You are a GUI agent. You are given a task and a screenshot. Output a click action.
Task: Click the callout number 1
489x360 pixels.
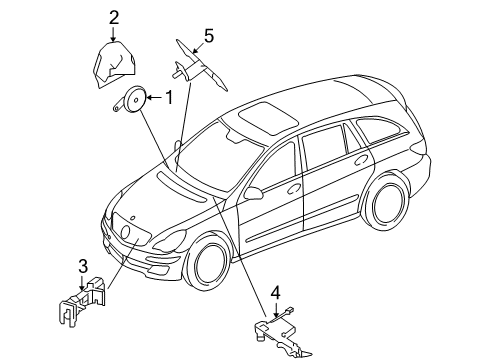169,98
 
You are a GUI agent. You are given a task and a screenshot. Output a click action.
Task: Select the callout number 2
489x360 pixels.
114,18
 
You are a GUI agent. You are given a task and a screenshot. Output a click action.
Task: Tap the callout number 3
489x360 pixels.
83,266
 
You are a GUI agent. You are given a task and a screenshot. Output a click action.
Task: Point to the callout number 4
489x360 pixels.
276,293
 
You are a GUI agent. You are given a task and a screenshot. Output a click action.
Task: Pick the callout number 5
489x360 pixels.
209,36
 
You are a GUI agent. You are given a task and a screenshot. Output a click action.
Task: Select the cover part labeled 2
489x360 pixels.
114,65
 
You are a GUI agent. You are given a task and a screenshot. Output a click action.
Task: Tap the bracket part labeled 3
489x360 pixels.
83,300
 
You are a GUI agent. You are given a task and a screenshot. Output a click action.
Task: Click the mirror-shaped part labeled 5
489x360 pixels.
199,67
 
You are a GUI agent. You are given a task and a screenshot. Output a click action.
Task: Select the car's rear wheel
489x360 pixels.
386,204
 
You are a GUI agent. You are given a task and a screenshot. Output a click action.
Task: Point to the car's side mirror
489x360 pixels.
254,193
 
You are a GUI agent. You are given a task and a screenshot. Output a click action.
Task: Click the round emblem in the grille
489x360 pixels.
126,232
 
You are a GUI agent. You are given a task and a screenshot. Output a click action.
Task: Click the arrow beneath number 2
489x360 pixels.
114,35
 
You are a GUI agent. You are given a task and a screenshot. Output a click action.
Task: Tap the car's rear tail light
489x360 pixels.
418,146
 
